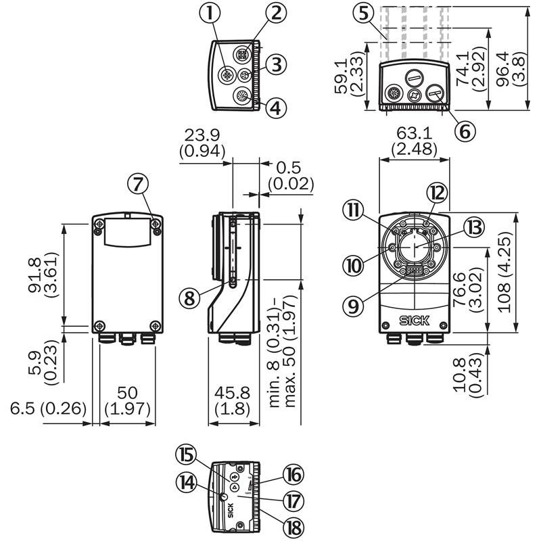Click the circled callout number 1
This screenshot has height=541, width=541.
click(x=214, y=12)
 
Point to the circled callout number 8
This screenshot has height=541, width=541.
click(x=190, y=296)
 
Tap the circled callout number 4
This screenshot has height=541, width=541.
click(x=275, y=106)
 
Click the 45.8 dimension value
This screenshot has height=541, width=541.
click(x=231, y=393)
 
